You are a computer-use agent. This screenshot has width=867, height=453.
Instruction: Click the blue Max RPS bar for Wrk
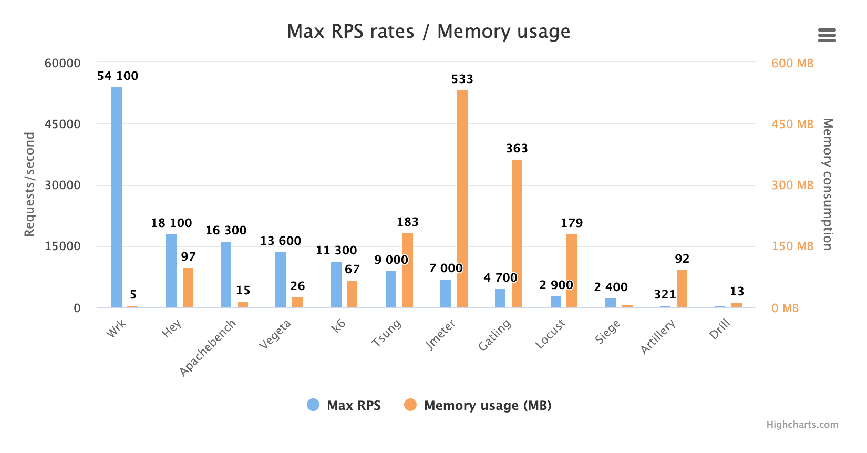click(117, 197)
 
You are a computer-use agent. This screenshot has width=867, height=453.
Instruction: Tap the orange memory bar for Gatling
click(517, 233)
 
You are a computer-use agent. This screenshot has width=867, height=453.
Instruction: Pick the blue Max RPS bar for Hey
click(171, 271)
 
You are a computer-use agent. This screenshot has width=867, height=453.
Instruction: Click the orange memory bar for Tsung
click(408, 270)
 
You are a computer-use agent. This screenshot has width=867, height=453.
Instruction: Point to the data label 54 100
click(118, 76)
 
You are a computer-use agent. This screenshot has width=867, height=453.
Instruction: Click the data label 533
click(462, 79)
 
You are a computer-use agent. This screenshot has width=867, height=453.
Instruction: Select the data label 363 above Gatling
click(517, 149)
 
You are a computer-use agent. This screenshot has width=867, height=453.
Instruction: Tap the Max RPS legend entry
click(344, 405)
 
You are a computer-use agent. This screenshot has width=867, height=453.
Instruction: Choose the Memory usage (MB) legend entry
click(478, 405)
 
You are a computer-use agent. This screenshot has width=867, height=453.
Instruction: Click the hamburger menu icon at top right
click(827, 35)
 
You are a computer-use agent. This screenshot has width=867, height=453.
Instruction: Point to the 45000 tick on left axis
click(63, 125)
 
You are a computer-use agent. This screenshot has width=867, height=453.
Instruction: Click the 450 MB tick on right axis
click(792, 125)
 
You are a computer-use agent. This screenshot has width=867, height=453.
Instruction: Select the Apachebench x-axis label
click(208, 347)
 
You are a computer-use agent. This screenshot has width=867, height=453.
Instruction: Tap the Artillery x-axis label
click(658, 337)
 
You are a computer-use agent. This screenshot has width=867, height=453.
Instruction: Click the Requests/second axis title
click(29, 184)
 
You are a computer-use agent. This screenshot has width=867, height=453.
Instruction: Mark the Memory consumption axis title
click(828, 184)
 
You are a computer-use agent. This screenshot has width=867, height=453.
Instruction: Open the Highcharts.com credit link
click(802, 425)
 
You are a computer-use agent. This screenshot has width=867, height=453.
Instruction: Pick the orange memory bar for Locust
click(572, 271)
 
